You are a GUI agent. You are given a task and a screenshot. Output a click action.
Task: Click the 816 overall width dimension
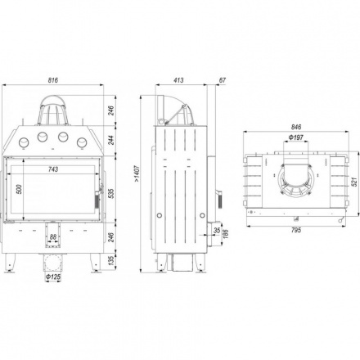coord(53,80)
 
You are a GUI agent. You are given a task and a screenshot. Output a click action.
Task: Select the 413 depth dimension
coord(178,80)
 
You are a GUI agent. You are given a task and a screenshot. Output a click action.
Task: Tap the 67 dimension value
coord(223,80)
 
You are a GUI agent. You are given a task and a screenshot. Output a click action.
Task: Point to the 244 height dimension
coord(110,140)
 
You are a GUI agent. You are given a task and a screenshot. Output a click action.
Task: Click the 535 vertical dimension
coord(110,193)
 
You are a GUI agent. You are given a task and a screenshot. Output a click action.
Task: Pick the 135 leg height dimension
coord(110,261)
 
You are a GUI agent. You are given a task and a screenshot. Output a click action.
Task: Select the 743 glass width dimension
coord(53,169)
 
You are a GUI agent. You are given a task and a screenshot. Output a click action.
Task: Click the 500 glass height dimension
coord(19,189)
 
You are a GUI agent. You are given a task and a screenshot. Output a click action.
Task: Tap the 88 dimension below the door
coord(52,237)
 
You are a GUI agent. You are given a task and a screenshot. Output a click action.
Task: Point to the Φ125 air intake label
coord(53,277)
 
